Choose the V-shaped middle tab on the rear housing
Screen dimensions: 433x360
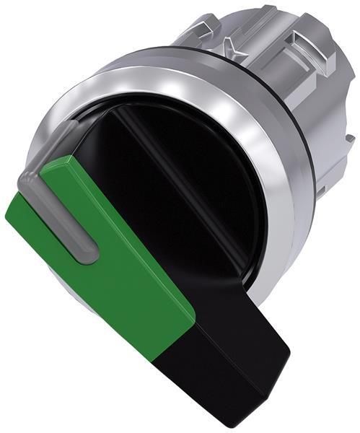coord(249,40)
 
